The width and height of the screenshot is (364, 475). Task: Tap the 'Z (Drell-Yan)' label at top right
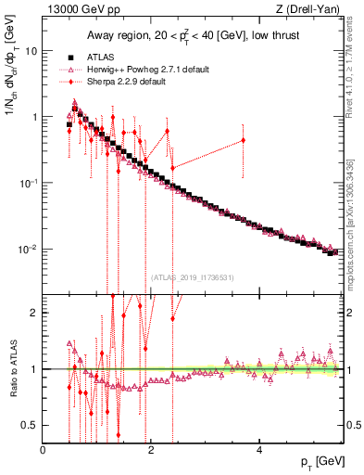(x=311, y=10)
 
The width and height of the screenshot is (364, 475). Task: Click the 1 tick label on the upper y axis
(x=34, y=117)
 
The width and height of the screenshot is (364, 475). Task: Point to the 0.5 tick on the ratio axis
(x=31, y=425)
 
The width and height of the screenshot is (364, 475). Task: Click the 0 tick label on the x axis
(x=43, y=450)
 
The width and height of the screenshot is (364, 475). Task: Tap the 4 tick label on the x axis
(x=259, y=450)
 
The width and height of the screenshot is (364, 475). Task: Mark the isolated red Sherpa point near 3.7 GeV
(x=243, y=141)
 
